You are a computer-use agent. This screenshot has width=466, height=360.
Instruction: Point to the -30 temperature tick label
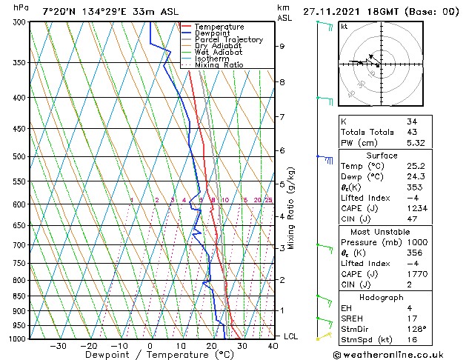[x=57, y=346]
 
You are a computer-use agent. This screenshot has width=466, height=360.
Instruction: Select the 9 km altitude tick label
[x=282, y=46]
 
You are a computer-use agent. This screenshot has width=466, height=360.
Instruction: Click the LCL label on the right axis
[x=292, y=336]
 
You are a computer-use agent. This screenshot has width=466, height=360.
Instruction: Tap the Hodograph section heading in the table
[x=382, y=297]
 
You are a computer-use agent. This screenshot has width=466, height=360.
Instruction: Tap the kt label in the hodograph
[x=344, y=27]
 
